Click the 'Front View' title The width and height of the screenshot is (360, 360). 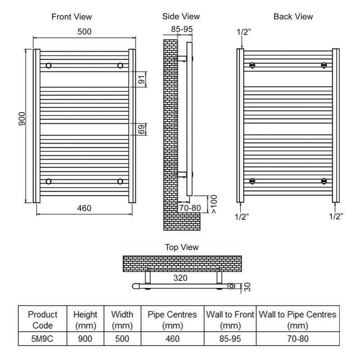point(72,17)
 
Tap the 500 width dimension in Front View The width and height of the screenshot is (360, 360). point(84,31)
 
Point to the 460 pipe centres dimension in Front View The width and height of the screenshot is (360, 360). point(84,208)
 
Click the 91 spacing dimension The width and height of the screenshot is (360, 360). point(141,79)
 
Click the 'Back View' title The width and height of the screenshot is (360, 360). point(293,17)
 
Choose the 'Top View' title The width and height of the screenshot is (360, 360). point(182,247)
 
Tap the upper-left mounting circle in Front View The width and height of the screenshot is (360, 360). point(48,66)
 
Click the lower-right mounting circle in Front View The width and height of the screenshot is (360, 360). point(120,181)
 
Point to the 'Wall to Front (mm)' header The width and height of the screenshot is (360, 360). point(230,320)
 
